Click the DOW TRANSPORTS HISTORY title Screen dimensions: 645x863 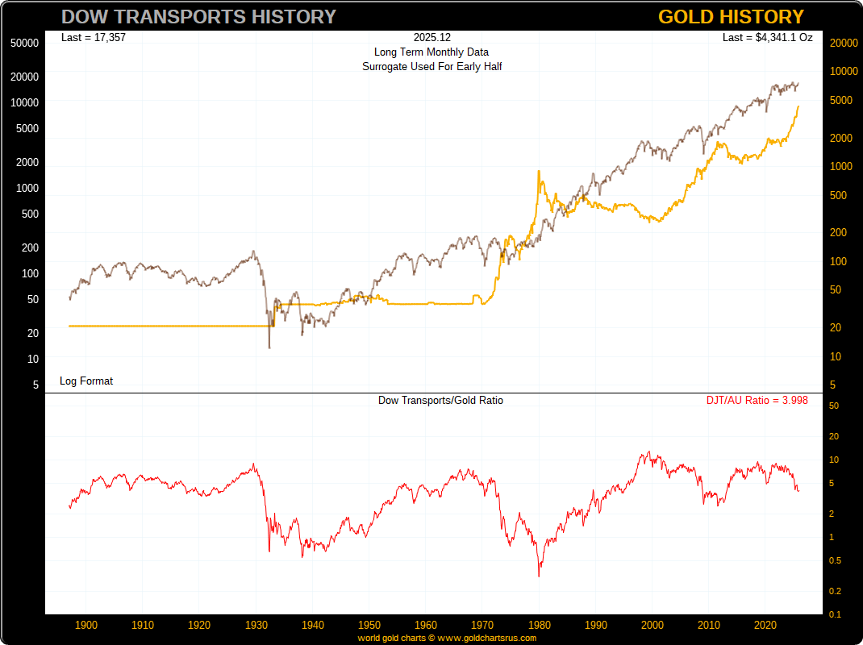click(198, 16)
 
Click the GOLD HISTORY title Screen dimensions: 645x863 click(731, 16)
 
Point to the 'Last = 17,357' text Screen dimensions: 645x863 click(94, 37)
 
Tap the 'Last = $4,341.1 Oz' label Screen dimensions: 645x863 click(767, 37)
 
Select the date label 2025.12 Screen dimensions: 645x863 click(431, 38)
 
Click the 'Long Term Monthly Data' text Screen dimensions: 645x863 click(431, 52)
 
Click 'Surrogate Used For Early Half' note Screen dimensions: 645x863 click(431, 67)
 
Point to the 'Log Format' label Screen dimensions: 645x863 click(86, 381)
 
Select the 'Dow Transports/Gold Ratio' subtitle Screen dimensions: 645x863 click(440, 400)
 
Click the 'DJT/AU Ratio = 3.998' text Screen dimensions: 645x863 click(757, 400)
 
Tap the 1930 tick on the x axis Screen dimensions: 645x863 click(256, 625)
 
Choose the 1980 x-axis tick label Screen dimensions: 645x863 click(540, 625)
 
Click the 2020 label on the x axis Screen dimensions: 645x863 click(765, 625)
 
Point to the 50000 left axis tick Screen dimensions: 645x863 click(25, 43)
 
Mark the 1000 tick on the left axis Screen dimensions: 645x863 click(27, 188)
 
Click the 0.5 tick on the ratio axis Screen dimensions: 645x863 click(835, 561)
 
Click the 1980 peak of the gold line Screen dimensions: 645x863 click(538, 171)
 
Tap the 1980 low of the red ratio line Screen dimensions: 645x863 click(539, 576)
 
